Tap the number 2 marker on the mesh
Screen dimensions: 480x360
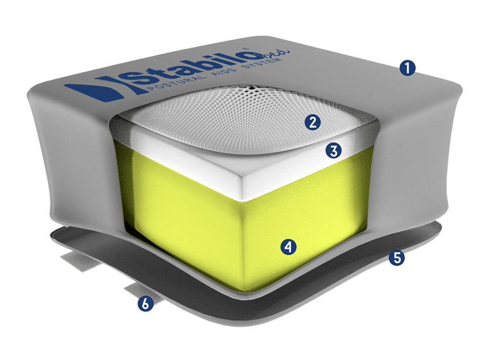(312, 122)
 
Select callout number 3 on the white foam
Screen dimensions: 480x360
(334, 151)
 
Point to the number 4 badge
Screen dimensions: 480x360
(288, 247)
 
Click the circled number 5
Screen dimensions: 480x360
(397, 258)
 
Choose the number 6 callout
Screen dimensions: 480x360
(145, 304)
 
